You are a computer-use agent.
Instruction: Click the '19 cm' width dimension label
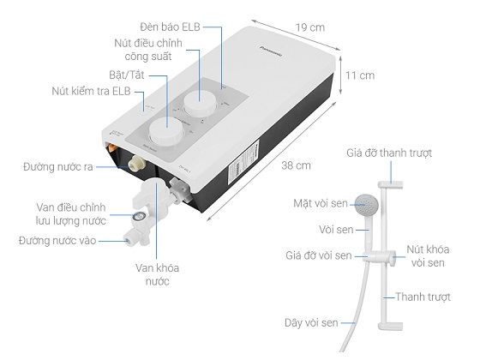(x=309, y=27)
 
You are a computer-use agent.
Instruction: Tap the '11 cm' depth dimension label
(x=360, y=75)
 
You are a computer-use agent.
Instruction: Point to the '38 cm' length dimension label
(x=296, y=165)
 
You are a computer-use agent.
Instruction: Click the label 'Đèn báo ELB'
(x=170, y=27)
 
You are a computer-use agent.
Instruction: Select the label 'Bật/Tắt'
(x=127, y=75)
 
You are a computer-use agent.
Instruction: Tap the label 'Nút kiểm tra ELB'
(x=91, y=91)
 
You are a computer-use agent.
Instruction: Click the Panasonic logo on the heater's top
(x=271, y=51)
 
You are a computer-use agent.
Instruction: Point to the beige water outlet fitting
(x=135, y=163)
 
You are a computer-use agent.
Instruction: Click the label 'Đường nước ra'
(x=58, y=167)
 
